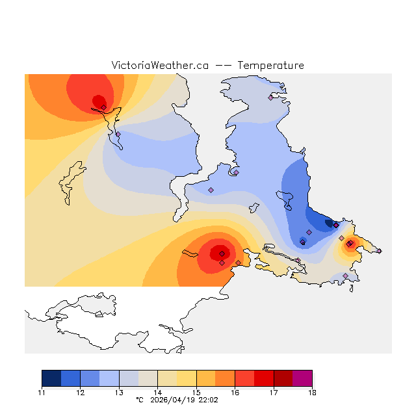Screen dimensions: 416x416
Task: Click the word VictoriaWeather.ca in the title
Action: (x=160, y=66)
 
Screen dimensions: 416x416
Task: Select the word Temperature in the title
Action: (x=270, y=66)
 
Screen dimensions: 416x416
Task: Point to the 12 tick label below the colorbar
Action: (x=81, y=393)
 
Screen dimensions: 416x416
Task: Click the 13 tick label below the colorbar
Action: (x=119, y=393)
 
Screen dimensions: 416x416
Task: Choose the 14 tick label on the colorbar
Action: (x=158, y=393)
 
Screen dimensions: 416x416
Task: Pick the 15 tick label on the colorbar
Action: (x=196, y=393)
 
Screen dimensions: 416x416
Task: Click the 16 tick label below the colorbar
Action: (x=235, y=393)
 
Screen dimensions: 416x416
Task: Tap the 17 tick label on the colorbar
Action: (x=274, y=393)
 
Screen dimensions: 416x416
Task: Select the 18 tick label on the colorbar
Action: (x=312, y=393)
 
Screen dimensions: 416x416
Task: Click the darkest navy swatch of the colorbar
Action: (x=51, y=378)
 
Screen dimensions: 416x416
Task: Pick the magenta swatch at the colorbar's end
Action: (x=302, y=378)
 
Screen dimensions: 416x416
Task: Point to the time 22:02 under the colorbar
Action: (x=208, y=400)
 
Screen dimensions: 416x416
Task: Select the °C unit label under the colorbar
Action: (x=138, y=400)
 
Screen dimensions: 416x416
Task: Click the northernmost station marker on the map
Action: (x=271, y=98)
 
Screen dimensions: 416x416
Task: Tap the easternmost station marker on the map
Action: (x=379, y=251)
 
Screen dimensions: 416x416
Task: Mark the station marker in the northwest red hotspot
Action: (x=103, y=107)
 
